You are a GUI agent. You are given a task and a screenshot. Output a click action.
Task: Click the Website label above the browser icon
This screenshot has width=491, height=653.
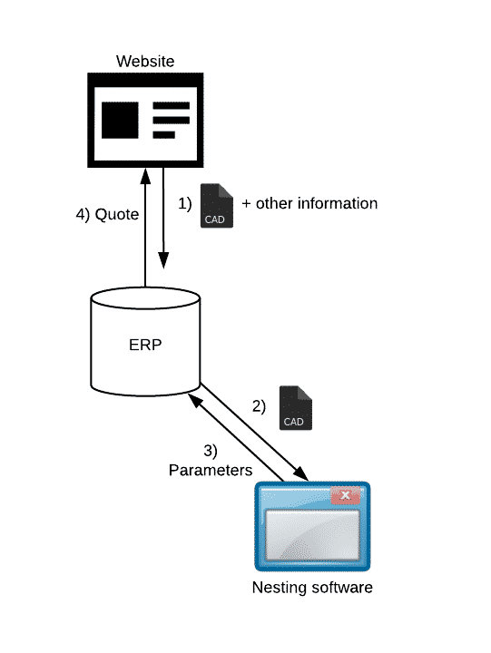tap(145, 62)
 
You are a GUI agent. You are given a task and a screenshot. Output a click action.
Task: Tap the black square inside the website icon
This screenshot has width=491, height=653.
tap(120, 120)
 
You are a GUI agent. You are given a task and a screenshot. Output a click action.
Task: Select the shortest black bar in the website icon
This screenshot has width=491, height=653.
tap(163, 134)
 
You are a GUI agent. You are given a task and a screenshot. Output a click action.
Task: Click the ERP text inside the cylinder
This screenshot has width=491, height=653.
tap(145, 345)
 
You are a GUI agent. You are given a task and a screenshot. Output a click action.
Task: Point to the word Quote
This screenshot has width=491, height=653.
tap(117, 214)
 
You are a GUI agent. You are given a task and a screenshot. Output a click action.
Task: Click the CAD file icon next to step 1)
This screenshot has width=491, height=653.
tap(217, 206)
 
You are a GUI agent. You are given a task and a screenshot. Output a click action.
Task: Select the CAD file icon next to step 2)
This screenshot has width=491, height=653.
tap(296, 408)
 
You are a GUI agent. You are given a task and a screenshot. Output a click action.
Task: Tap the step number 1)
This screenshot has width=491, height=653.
tap(184, 204)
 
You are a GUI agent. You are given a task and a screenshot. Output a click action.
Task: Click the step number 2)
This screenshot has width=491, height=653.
tap(259, 406)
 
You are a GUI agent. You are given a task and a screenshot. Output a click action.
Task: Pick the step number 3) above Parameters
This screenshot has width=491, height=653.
tap(211, 451)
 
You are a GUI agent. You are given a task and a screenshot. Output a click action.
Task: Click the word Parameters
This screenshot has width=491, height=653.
tap(211, 470)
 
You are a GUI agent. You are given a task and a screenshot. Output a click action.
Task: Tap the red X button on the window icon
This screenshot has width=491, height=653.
tap(345, 495)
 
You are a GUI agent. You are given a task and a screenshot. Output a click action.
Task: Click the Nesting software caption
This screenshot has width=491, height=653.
tap(312, 588)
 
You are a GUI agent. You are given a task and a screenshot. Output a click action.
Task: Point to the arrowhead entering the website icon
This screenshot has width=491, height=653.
tap(145, 176)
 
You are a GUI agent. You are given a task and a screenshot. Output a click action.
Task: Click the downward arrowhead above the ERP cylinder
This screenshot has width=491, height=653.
tap(163, 260)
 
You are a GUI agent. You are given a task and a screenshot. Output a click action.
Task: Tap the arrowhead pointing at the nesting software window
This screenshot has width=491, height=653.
tap(301, 474)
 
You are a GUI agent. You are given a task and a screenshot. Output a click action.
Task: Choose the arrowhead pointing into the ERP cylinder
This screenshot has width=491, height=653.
tap(195, 401)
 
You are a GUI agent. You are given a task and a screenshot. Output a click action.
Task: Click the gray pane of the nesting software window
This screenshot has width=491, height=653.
tap(312, 535)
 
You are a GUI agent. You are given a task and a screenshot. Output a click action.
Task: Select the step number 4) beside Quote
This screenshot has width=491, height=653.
tap(83, 215)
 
